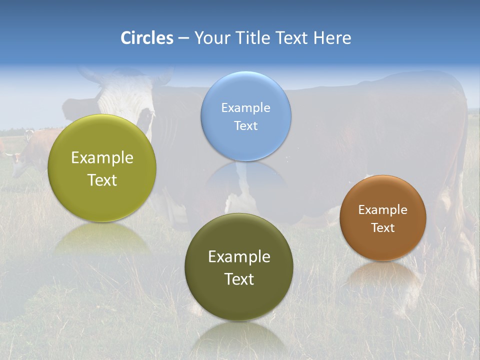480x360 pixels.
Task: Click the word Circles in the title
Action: tap(147, 38)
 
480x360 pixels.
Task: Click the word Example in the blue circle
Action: tap(245, 107)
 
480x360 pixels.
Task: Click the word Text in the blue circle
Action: tap(245, 125)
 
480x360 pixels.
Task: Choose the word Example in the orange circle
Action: tap(382, 209)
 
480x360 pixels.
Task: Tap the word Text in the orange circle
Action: tap(382, 227)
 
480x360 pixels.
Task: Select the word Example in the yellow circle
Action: tap(102, 157)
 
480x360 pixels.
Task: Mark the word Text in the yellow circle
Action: tap(102, 180)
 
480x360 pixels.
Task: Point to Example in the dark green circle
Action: tap(239, 256)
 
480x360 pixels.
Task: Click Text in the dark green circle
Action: tap(239, 279)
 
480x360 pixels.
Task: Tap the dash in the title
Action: tap(183, 38)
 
